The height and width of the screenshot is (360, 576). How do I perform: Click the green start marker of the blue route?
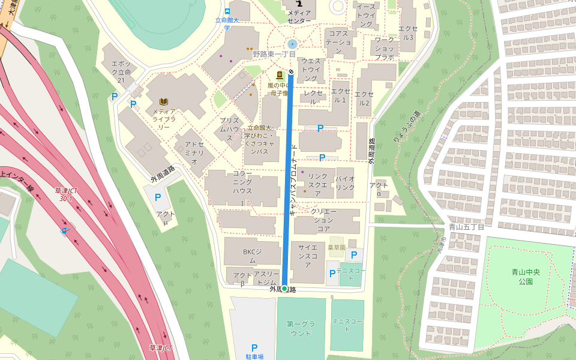(x=284, y=289)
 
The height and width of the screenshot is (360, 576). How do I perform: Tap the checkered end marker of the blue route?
(x=291, y=72)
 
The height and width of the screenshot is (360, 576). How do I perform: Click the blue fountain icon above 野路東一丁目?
(x=292, y=44)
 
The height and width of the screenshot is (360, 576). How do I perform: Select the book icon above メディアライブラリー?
(x=163, y=101)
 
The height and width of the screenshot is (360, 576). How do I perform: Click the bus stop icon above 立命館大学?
(x=227, y=11)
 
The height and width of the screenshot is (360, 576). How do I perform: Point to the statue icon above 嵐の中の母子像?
(x=279, y=75)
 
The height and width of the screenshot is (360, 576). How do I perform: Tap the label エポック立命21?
(x=121, y=72)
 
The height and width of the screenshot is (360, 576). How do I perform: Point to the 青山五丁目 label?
(x=466, y=227)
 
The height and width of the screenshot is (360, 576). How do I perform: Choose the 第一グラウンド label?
(x=301, y=328)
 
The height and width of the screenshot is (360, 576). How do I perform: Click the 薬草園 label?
(x=337, y=247)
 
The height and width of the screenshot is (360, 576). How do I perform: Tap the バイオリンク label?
(x=345, y=183)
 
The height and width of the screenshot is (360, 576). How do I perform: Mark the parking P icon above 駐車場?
(x=254, y=347)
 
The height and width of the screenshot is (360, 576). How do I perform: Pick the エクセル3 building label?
(x=408, y=32)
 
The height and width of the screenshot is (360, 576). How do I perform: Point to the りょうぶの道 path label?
(x=407, y=127)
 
